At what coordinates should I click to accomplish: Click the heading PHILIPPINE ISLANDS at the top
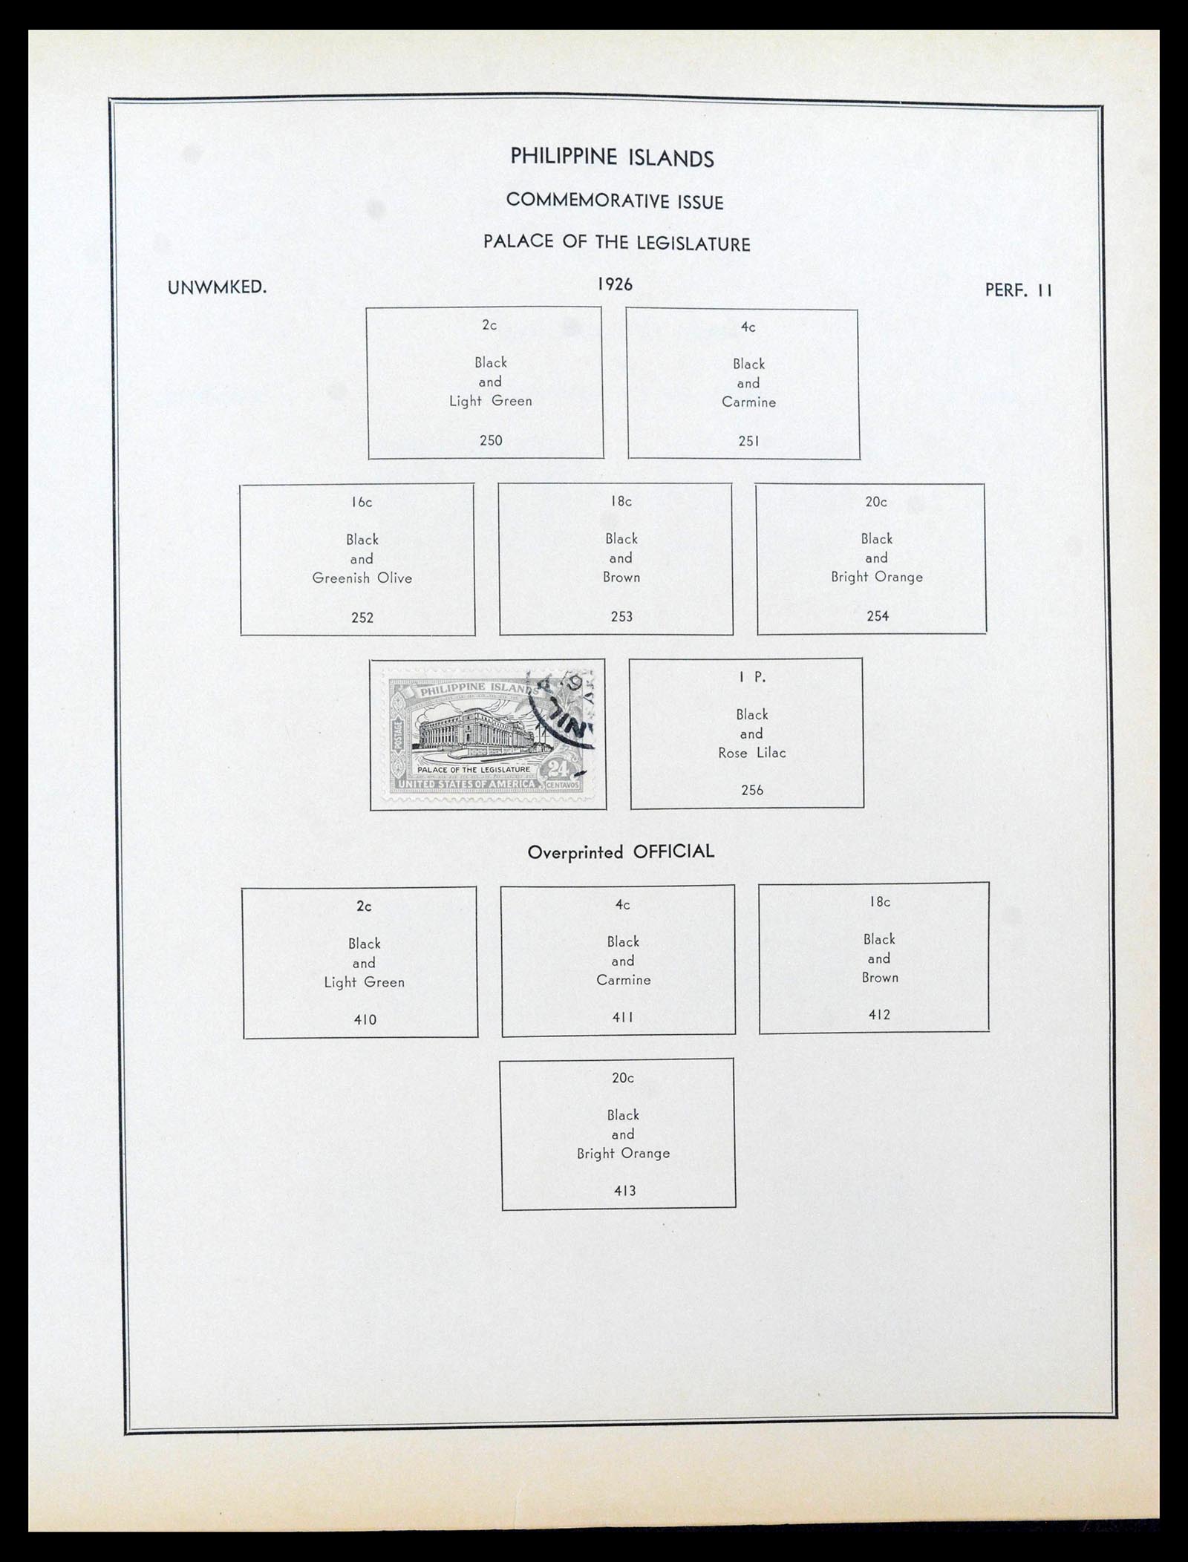point(612,157)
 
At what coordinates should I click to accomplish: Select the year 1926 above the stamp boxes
point(614,284)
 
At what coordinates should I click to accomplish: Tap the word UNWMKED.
point(217,287)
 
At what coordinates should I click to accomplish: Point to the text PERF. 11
point(1018,290)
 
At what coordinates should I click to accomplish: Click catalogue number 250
point(491,440)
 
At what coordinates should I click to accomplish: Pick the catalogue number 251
point(748,441)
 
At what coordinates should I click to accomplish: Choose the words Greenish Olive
point(362,578)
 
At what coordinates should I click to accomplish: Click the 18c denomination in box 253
point(621,502)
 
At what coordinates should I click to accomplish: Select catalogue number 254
point(878,616)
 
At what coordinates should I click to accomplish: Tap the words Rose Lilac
point(751,753)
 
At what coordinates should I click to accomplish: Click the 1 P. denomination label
point(751,677)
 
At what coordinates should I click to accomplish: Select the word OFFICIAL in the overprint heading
point(673,852)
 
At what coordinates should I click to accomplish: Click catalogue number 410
point(365,1020)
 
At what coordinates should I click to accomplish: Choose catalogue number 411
point(622,1018)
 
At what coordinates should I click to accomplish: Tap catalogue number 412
point(879,1015)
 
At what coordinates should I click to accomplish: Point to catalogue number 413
point(624,1191)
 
